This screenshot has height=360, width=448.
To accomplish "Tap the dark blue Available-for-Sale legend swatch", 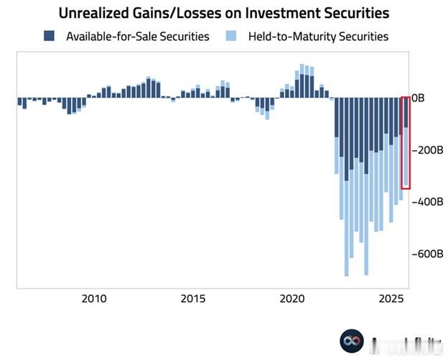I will [49, 36].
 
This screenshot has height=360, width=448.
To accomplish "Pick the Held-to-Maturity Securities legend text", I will [318, 36].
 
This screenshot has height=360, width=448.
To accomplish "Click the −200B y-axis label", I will [426, 150].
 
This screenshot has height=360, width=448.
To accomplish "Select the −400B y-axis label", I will [426, 202].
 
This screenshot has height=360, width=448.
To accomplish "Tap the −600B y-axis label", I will [426, 254].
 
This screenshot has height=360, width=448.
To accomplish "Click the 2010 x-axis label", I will [94, 299].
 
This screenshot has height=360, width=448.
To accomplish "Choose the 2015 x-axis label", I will [193, 299].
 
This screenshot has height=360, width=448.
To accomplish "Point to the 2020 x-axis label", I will [291, 299].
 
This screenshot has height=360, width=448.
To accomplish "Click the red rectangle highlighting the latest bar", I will [406, 142].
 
